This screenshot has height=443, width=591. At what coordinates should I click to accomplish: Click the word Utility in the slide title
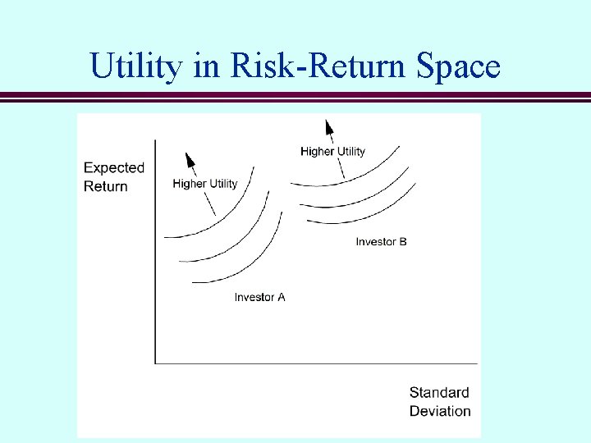pyautogui.click(x=136, y=66)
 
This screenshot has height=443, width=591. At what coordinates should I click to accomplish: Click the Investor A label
pyautogui.click(x=259, y=297)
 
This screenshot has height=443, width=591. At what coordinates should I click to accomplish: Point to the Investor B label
pyautogui.click(x=381, y=242)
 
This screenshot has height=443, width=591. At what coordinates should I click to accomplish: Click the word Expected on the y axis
pyautogui.click(x=114, y=168)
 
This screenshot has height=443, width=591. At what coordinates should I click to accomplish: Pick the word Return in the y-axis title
pyautogui.click(x=106, y=186)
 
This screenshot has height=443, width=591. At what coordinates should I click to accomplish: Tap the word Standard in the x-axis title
pyautogui.click(x=439, y=393)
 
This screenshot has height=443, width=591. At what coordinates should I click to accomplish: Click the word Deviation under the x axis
pyautogui.click(x=440, y=411)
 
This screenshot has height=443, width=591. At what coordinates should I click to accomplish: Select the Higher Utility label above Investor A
pyautogui.click(x=204, y=184)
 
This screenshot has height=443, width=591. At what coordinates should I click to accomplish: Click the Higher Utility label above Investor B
pyautogui.click(x=332, y=151)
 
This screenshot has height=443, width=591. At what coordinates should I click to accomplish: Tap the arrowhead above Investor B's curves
pyautogui.click(x=329, y=127)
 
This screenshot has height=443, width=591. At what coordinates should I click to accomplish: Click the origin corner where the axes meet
pyautogui.click(x=155, y=363)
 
